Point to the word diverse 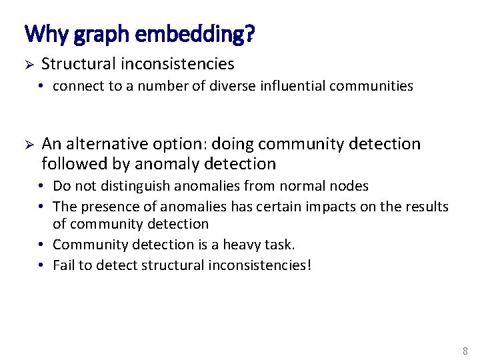point(249,86)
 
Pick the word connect point(76,86)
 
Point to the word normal point(303,186)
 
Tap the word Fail point(64,265)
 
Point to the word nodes point(349,186)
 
